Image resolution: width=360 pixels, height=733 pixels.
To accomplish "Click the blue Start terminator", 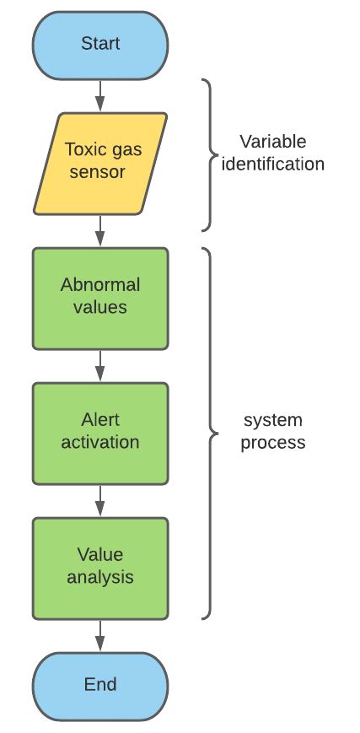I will (x=100, y=44).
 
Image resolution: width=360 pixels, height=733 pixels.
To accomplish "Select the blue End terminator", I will (x=100, y=684).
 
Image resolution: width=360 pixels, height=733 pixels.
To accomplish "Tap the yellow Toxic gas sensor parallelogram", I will (x=100, y=162).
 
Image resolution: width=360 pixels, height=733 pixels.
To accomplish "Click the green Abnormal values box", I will (x=100, y=297).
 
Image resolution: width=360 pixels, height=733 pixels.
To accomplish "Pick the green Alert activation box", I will (x=100, y=432).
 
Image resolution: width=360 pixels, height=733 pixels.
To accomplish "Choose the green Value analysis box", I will (x=100, y=567).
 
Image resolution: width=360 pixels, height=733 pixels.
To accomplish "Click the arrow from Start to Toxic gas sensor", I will (x=100, y=94).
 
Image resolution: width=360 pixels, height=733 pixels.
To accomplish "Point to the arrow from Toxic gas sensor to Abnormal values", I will (x=100, y=229).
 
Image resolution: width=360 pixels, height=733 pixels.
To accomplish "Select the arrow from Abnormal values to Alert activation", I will (x=100, y=364).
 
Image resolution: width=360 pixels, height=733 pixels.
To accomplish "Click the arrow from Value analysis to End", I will (x=100, y=634).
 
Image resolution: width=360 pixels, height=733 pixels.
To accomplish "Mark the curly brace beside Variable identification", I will (x=208, y=154).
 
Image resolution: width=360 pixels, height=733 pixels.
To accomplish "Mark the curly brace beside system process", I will (x=208, y=433).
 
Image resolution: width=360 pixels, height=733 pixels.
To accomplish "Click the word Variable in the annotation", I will (x=272, y=142).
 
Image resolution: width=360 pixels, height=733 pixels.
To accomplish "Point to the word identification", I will (x=272, y=164).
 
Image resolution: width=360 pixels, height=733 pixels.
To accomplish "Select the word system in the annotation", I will (x=272, y=420).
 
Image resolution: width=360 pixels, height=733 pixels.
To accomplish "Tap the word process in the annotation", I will (x=272, y=442).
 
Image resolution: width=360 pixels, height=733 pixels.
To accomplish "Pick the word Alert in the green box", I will (x=100, y=420).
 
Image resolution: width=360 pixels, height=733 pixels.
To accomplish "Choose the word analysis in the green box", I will (x=100, y=578).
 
